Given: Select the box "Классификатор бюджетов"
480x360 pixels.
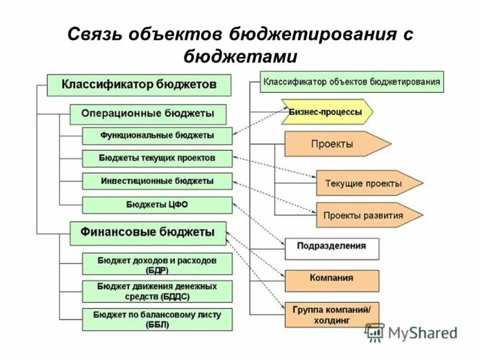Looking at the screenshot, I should pos(139,85).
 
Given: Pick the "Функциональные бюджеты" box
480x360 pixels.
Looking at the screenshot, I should pos(157,136).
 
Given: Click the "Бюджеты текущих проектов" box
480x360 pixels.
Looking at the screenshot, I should pos(157,159).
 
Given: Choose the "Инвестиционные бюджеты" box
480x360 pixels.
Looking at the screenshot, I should pos(157,181).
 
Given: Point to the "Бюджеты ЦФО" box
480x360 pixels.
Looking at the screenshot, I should pos(157,205).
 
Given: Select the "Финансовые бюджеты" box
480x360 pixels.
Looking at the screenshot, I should pos(148,233).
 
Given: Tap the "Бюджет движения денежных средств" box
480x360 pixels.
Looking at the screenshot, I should pos(157,291).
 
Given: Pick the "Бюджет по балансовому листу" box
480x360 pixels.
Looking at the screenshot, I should pos(157,319).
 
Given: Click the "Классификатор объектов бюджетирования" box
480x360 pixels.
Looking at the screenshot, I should pos(352,81).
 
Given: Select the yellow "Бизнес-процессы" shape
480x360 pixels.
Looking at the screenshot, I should pos(326,112).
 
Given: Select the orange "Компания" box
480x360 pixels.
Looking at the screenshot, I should pos(332,280).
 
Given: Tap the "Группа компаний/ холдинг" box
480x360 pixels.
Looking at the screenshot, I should pos(332,314).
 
